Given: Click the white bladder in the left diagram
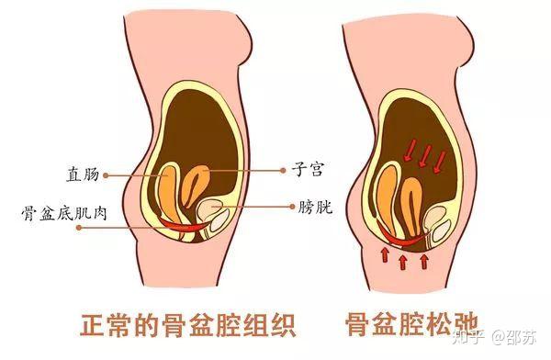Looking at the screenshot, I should tap(220, 215).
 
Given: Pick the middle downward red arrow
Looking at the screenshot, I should tap(425, 155).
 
